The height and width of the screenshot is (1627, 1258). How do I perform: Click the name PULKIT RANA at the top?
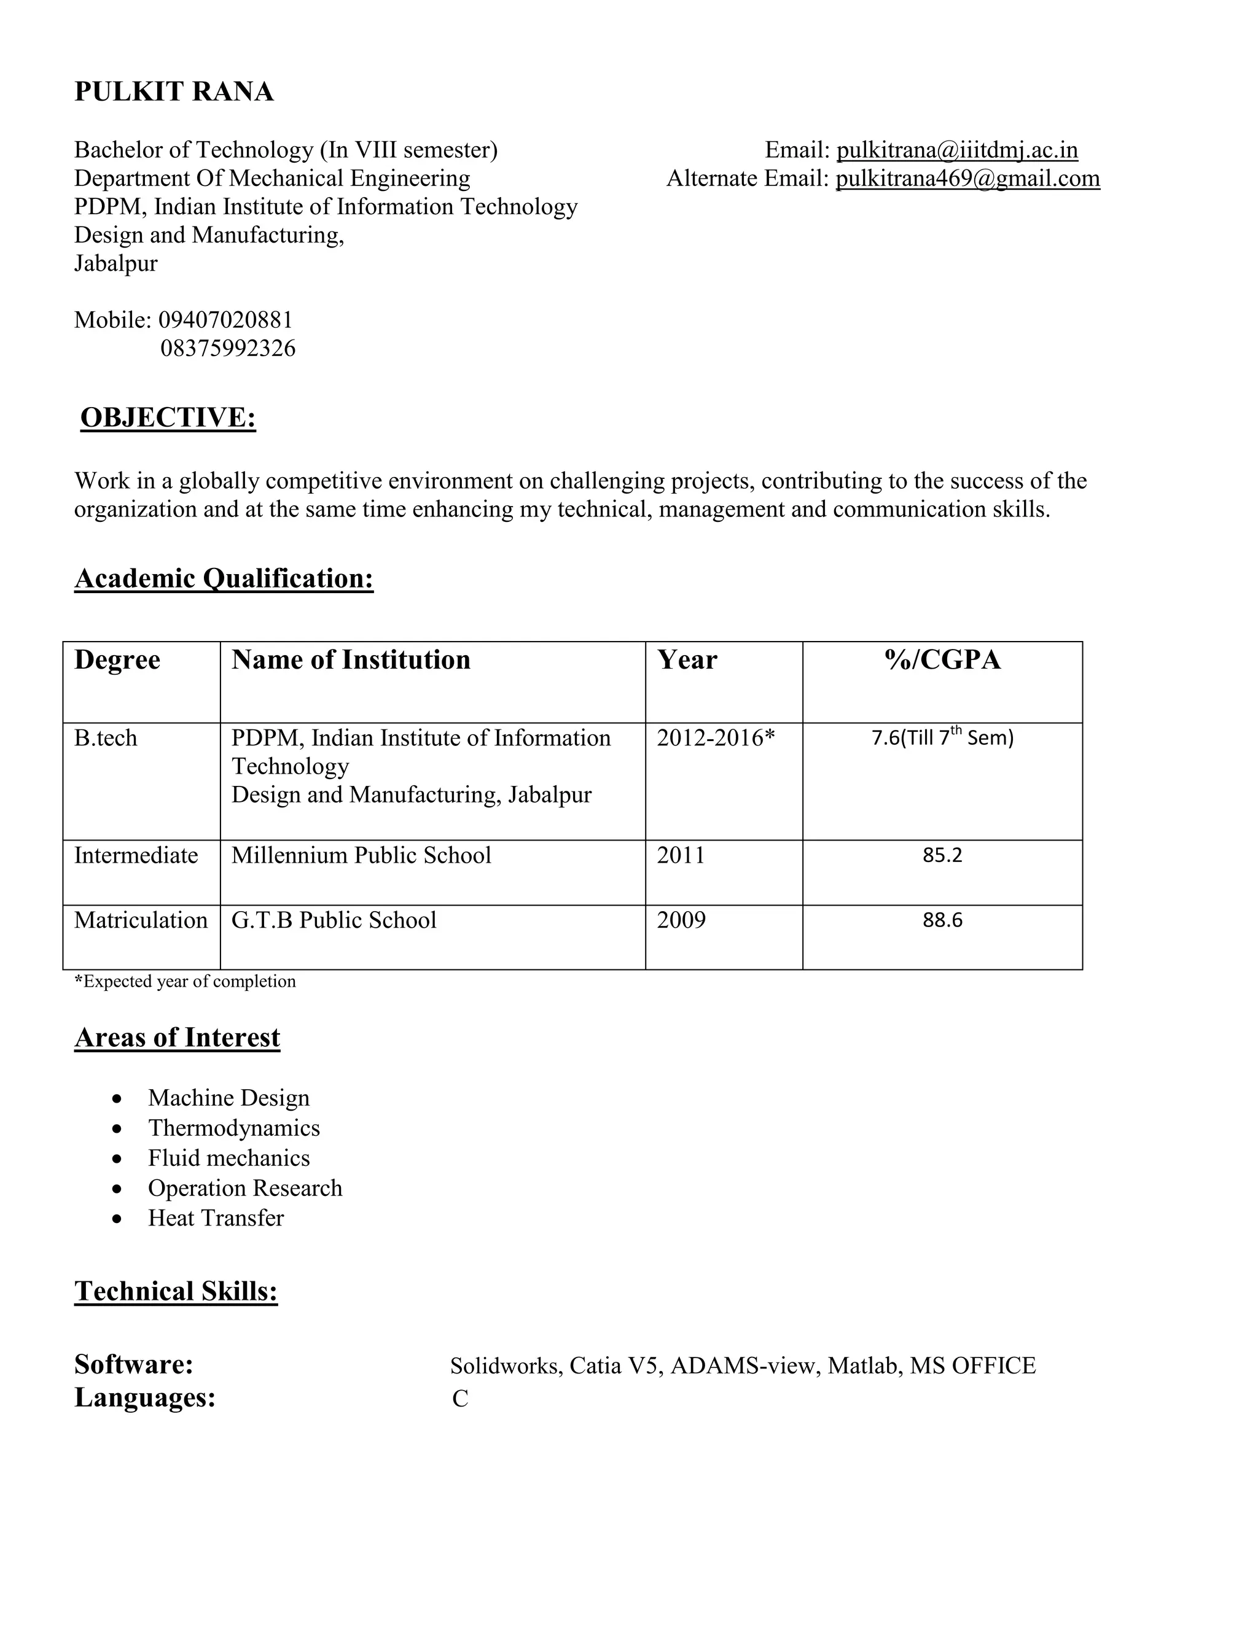click(174, 91)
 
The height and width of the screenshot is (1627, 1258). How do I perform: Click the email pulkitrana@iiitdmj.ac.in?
click(957, 150)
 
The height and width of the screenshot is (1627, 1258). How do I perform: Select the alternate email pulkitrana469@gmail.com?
click(967, 179)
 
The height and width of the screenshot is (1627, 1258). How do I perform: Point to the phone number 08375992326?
click(228, 349)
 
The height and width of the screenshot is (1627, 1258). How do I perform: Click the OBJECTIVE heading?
click(168, 418)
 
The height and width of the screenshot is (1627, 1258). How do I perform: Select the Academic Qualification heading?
click(224, 579)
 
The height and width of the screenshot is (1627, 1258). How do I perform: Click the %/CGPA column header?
click(942, 660)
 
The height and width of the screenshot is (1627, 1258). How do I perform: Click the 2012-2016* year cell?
click(716, 738)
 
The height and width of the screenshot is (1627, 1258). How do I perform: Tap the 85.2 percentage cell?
click(942, 855)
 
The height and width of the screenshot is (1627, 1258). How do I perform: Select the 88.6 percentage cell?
click(942, 920)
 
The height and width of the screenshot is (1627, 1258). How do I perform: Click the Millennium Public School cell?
click(361, 855)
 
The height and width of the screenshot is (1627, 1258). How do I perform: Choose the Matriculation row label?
click(141, 920)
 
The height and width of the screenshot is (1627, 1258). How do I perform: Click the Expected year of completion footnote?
click(186, 982)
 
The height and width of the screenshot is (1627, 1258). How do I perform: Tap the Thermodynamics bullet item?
click(234, 1128)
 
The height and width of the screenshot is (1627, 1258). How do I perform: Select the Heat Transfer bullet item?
click(216, 1218)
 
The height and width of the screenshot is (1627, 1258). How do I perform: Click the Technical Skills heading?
click(176, 1292)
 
